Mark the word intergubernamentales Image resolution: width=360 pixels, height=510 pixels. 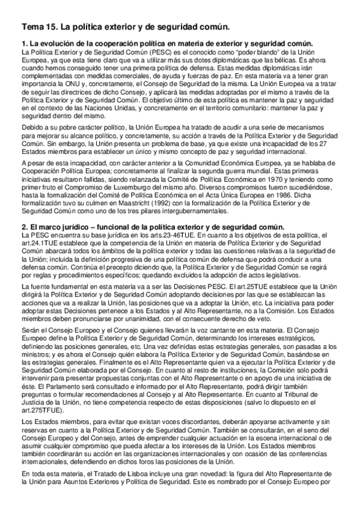[195, 210]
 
